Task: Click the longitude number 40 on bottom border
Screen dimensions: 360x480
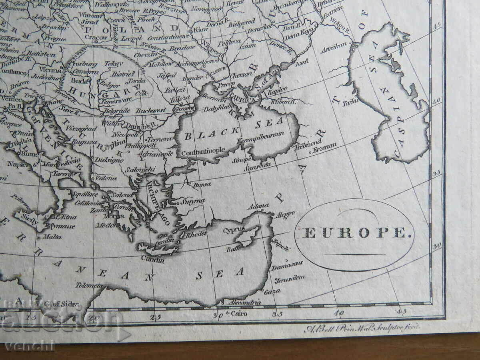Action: (339, 314)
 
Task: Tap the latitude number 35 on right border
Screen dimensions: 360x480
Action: (436, 173)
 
